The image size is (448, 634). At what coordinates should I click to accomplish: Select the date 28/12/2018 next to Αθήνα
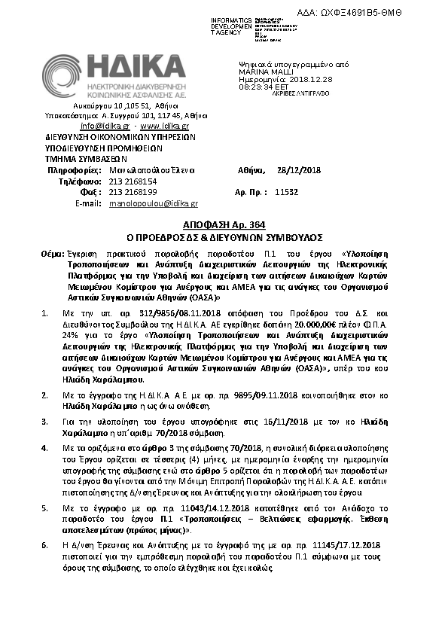[x=299, y=170]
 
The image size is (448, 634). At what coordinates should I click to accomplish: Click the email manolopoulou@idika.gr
[x=153, y=203]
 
